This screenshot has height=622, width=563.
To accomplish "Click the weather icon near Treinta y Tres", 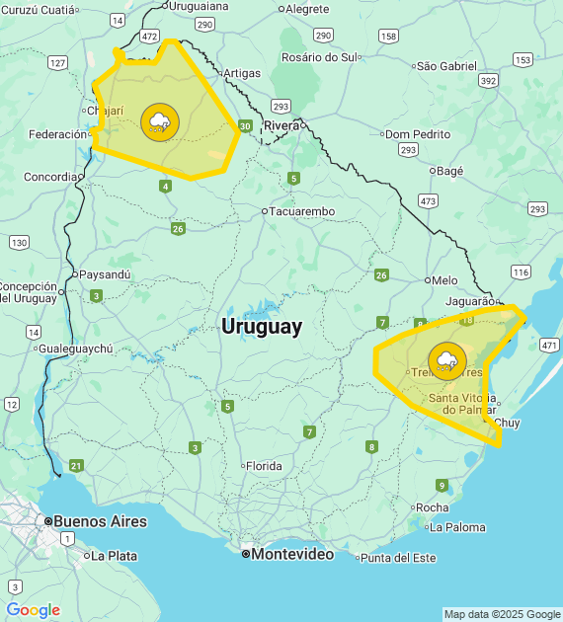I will point(447,360).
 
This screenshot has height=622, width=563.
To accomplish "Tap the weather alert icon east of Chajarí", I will point(160,122).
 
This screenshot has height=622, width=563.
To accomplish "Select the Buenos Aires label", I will point(99,521).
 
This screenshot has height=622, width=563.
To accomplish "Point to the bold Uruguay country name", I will point(262,327).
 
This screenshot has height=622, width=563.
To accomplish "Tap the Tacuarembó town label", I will point(302,211).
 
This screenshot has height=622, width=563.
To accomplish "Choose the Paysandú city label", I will point(104,274).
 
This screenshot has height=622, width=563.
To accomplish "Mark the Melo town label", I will point(444,280).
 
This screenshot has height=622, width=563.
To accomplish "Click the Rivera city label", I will point(281,125).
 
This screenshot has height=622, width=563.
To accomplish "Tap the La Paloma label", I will point(457,527).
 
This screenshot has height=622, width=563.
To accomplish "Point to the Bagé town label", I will point(449,171).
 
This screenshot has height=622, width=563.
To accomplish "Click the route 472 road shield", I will point(149,36).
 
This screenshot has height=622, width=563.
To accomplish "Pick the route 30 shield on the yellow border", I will point(244,125).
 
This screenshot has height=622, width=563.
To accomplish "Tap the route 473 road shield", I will point(428,200).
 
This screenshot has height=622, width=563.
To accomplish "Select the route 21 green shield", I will point(76,465).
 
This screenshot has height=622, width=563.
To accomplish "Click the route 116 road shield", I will point(521,272).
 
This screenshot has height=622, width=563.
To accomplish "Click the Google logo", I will point(33,610).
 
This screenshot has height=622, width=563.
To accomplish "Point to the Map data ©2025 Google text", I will point(501,614).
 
